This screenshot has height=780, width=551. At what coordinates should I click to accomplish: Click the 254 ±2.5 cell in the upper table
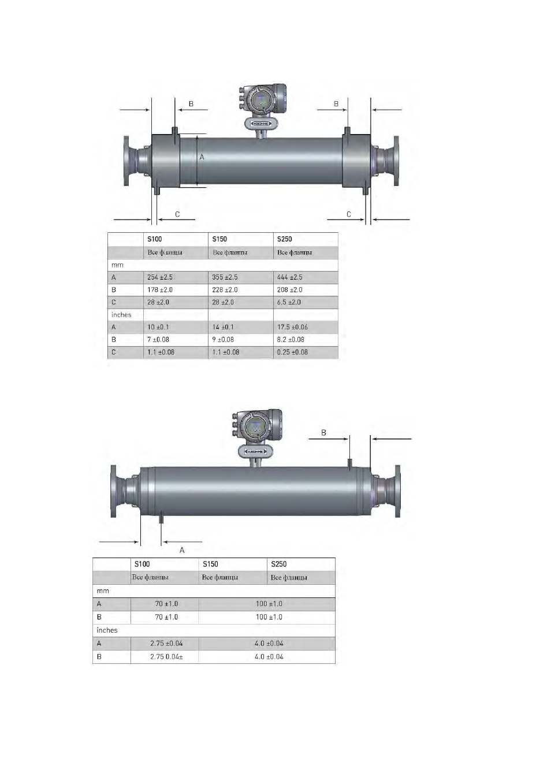(x=159, y=277)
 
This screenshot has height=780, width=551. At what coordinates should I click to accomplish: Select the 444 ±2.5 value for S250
(x=289, y=277)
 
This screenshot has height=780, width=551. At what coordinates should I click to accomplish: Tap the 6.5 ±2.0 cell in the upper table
(x=289, y=302)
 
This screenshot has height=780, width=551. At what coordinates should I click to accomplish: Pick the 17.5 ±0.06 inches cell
(x=292, y=327)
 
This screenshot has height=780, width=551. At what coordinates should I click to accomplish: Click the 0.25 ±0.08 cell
(x=292, y=352)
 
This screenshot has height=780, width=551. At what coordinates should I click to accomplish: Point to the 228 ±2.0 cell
(x=225, y=289)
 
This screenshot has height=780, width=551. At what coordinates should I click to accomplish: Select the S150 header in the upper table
(x=219, y=239)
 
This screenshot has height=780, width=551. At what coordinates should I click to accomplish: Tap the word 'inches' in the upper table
(x=121, y=315)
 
